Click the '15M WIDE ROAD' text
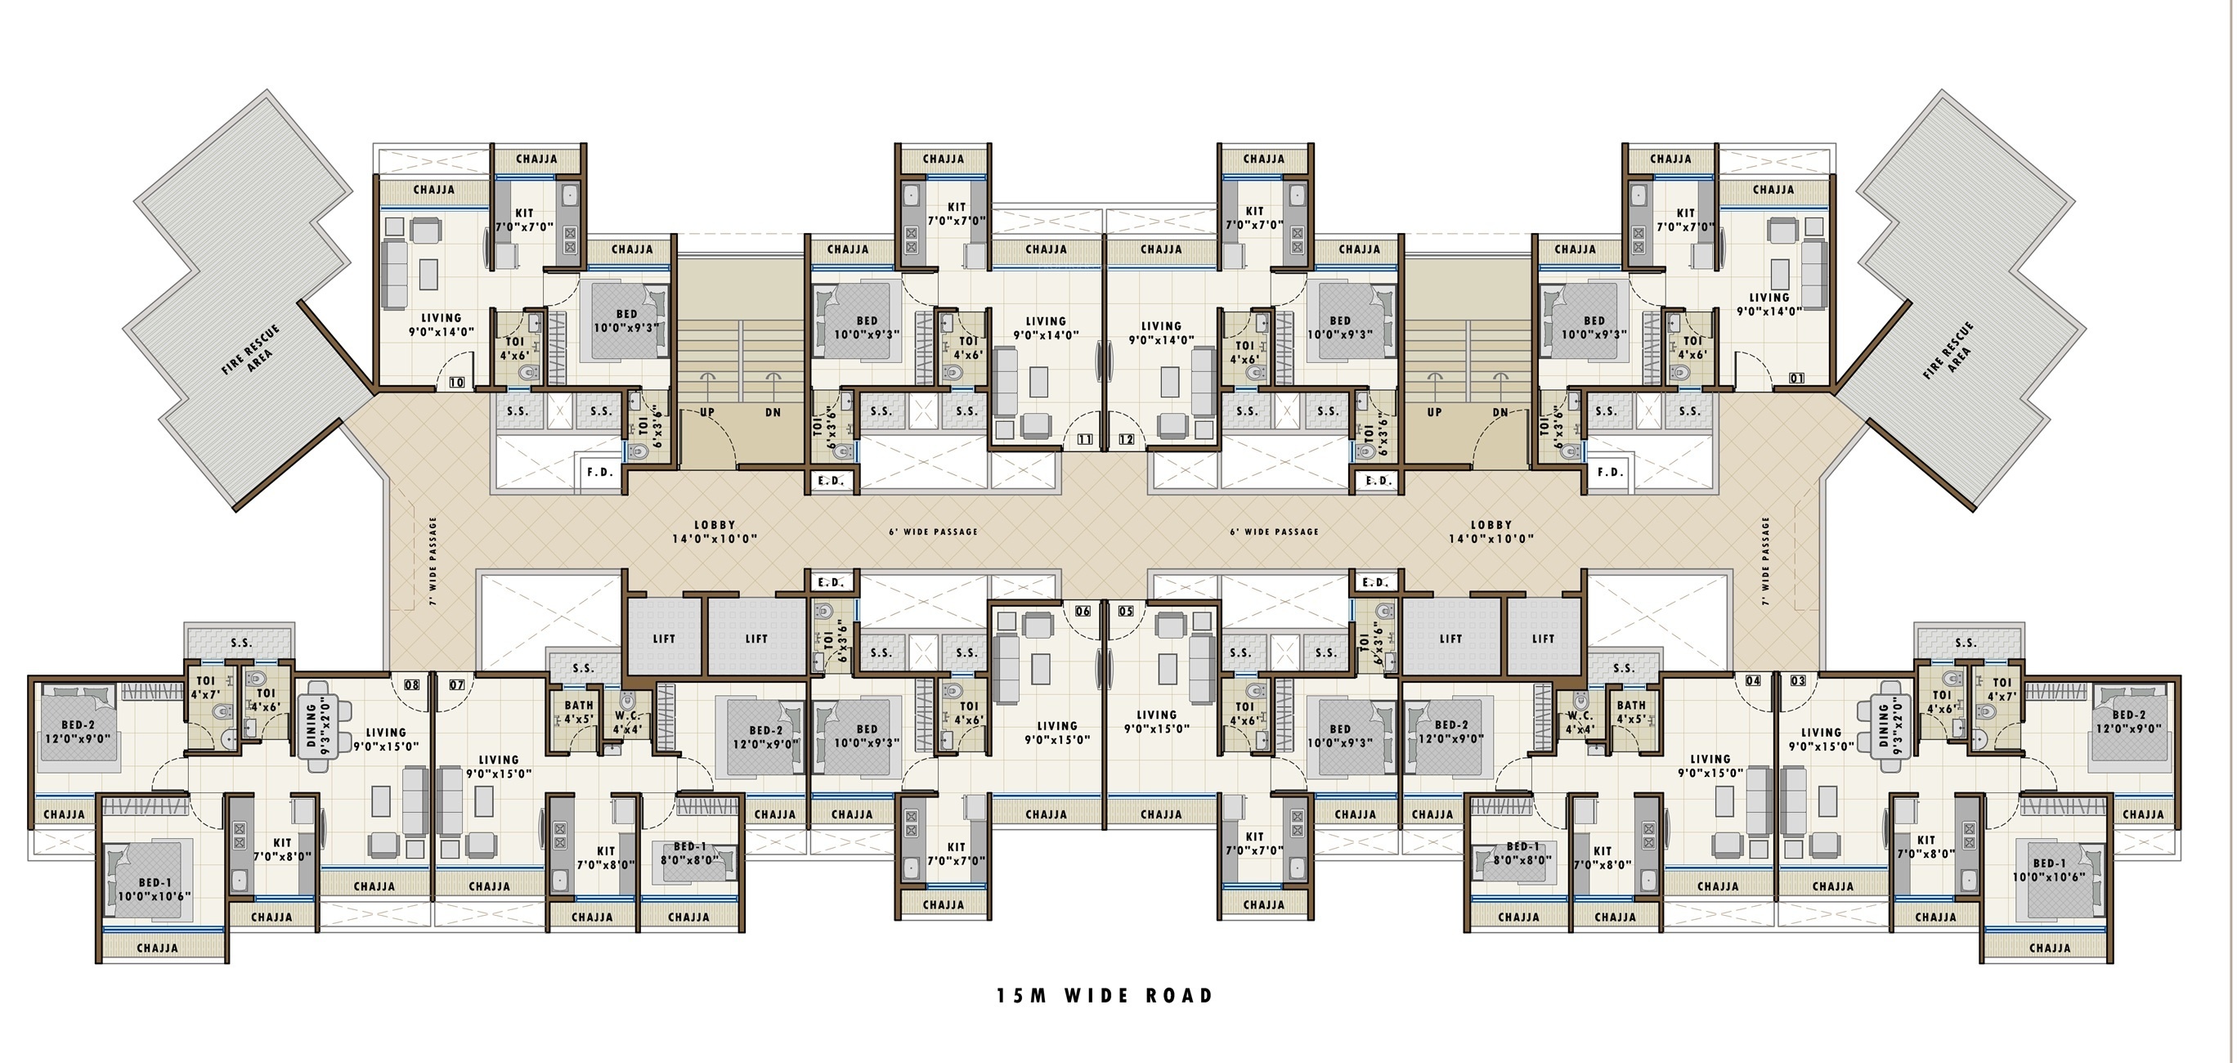coord(1105,995)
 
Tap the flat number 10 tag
coord(457,382)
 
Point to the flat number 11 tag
coord(1085,439)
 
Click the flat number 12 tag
coord(1127,439)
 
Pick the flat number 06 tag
coord(1083,612)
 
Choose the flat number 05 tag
coord(1127,612)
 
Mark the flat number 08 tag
coord(411,685)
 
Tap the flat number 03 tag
coord(1798,681)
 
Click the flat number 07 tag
coord(457,685)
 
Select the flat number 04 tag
coord(1753,681)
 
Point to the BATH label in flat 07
coord(579,706)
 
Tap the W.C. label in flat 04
coord(1580,716)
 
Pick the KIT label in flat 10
coord(525,213)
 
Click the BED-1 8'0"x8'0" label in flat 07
coord(689,854)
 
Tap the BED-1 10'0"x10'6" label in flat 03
coord(2050,870)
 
